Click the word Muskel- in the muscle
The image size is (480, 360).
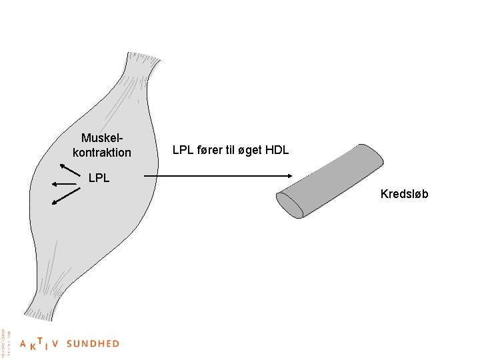(x=102, y=138)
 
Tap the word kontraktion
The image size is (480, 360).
(x=102, y=153)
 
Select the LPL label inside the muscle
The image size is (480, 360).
(x=99, y=178)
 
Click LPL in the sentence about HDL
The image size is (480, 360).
(x=184, y=151)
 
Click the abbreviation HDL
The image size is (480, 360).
(x=277, y=151)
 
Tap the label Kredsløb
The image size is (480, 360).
(x=404, y=194)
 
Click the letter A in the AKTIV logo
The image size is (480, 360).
(x=23, y=345)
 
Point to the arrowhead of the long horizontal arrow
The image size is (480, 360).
(x=289, y=176)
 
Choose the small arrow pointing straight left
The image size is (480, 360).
(x=64, y=183)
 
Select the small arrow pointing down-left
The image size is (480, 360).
(x=66, y=196)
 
